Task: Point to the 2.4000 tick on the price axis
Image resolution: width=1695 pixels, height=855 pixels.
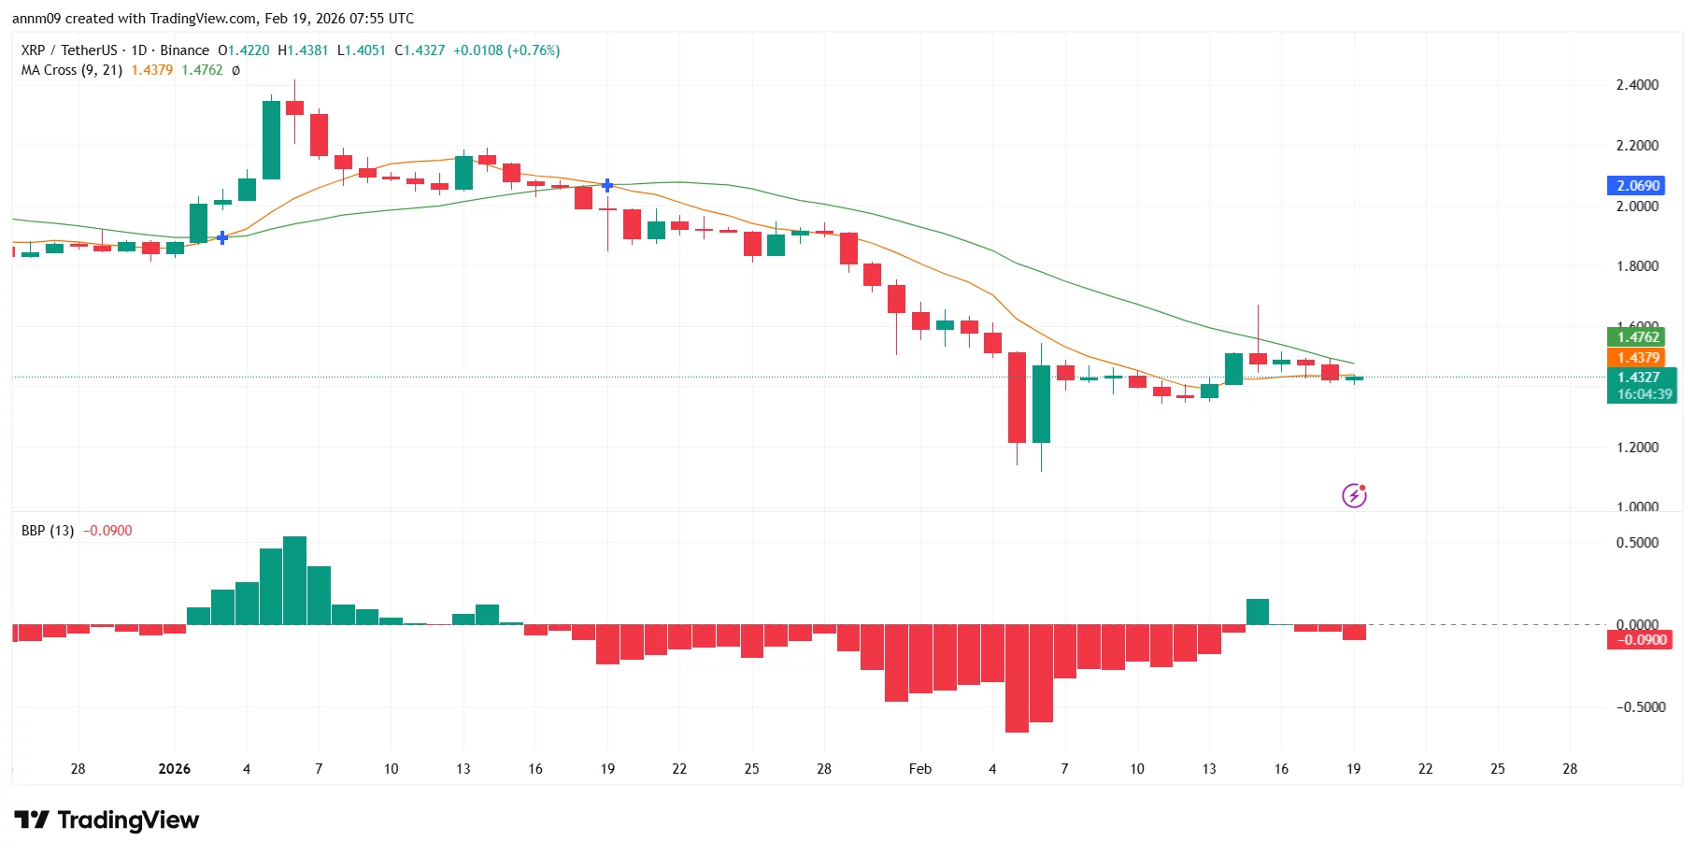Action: pyautogui.click(x=1637, y=85)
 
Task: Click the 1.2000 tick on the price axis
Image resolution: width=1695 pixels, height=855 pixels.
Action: pyautogui.click(x=1637, y=447)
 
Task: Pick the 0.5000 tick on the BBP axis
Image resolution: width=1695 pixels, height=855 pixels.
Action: pyautogui.click(x=1637, y=543)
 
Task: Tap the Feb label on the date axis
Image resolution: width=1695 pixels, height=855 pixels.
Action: pyautogui.click(x=919, y=769)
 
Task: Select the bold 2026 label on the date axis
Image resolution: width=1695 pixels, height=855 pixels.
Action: pyautogui.click(x=174, y=769)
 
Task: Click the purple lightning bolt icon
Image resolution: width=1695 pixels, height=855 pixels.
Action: pyautogui.click(x=1354, y=495)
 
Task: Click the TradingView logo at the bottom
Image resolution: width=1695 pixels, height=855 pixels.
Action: pyautogui.click(x=107, y=820)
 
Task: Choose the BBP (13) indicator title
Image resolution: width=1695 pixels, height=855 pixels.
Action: pyautogui.click(x=48, y=531)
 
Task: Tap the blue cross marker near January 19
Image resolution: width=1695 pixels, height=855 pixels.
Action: pyautogui.click(x=607, y=185)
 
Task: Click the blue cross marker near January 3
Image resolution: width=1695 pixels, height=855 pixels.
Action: pyautogui.click(x=222, y=237)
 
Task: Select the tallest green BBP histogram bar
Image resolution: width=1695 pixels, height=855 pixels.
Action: pyautogui.click(x=294, y=580)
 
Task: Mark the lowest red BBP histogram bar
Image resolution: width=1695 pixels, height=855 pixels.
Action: pyautogui.click(x=1017, y=678)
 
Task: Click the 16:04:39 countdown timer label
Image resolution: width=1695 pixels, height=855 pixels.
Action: pyautogui.click(x=1645, y=394)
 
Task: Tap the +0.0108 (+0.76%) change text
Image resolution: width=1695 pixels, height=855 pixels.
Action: pyautogui.click(x=506, y=50)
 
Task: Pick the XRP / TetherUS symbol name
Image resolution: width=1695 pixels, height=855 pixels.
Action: pyautogui.click(x=69, y=50)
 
